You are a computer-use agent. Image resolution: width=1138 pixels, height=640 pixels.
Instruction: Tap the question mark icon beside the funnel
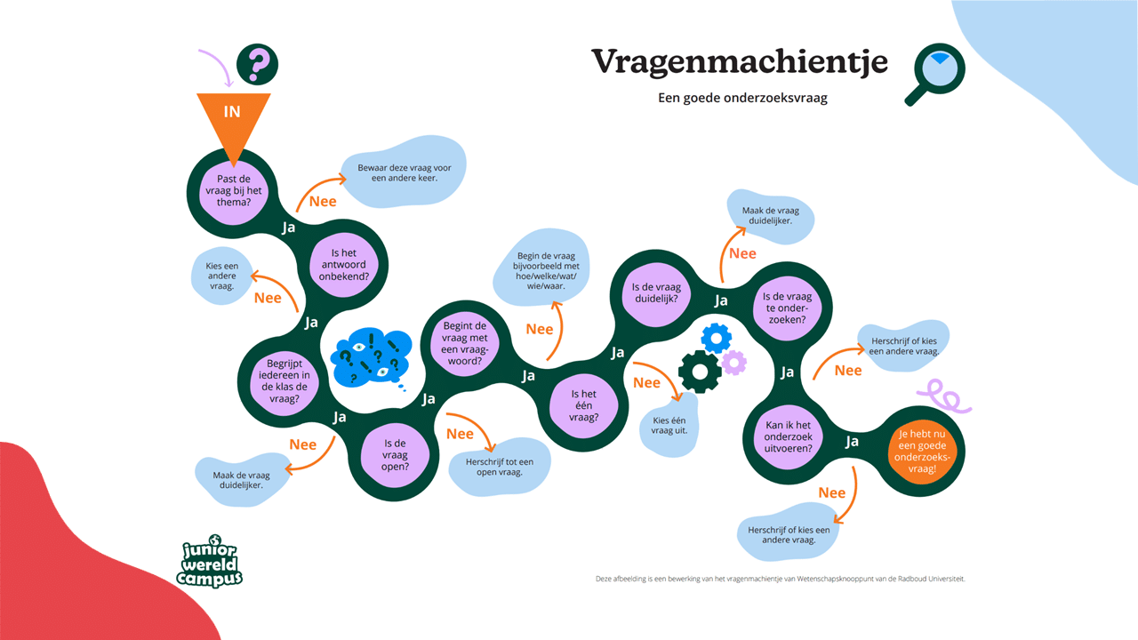tap(257, 65)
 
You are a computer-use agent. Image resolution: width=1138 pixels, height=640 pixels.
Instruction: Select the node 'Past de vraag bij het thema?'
tap(233, 192)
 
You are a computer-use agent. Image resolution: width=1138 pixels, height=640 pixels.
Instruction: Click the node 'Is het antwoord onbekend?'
tap(344, 265)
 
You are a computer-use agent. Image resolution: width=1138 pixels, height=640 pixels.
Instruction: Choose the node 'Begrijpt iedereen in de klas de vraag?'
tap(284, 382)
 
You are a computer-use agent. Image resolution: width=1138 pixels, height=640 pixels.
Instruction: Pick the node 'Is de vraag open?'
tap(395, 455)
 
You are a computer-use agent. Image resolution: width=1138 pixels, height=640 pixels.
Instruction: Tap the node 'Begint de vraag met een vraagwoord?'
tap(464, 344)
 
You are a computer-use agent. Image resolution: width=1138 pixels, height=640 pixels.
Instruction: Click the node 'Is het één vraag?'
tap(584, 406)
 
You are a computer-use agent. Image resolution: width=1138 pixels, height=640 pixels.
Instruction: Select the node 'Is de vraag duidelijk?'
tap(656, 294)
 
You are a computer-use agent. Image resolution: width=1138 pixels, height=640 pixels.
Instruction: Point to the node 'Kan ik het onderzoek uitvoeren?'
tap(788, 436)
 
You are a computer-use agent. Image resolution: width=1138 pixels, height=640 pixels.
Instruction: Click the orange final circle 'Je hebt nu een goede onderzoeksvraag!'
tap(922, 451)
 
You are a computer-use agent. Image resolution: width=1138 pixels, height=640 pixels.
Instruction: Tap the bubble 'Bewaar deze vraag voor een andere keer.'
tap(404, 172)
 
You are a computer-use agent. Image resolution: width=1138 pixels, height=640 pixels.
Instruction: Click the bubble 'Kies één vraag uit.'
tap(669, 425)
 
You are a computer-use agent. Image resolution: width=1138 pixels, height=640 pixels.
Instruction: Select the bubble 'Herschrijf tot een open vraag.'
tap(500, 467)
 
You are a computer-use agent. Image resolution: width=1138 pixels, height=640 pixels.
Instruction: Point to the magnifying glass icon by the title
tap(935, 74)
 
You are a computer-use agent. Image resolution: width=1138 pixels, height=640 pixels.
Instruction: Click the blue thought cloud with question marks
tap(371, 357)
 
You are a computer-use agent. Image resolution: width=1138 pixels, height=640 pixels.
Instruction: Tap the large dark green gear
tap(700, 372)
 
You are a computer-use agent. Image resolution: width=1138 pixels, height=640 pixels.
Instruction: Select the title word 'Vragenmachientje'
tap(740, 62)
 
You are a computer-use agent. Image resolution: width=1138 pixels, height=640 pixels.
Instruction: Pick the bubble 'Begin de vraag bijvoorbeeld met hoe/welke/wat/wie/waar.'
tap(542, 269)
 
